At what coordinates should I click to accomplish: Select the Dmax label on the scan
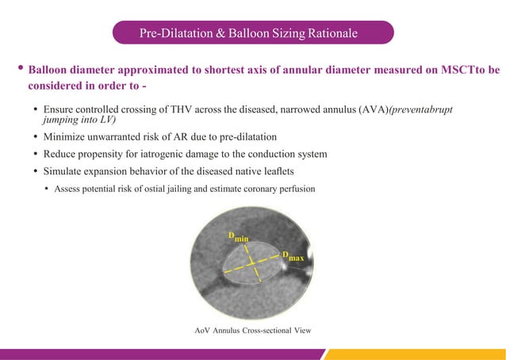click(x=293, y=256)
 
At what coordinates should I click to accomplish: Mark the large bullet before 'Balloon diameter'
click(x=18, y=69)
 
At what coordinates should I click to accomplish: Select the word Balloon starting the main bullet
click(x=51, y=70)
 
